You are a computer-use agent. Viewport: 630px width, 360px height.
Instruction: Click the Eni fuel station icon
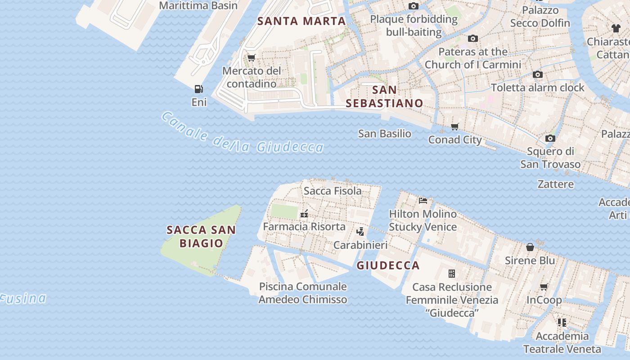point(198,89)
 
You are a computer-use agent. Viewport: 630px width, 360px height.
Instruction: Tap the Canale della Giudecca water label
point(242,135)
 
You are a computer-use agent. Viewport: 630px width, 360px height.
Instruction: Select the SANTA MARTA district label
point(301,21)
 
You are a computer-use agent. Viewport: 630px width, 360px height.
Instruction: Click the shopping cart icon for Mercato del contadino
point(251,58)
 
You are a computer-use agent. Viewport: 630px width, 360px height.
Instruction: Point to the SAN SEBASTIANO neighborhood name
point(384,96)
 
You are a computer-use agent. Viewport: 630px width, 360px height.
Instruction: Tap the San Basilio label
point(384,134)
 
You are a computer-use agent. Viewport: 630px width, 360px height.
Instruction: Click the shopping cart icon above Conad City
point(454,127)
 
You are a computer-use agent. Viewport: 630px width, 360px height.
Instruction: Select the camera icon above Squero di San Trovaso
point(550,138)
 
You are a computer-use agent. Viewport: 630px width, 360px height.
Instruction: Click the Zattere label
point(555,184)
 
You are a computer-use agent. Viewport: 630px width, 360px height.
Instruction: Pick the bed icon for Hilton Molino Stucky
point(423,200)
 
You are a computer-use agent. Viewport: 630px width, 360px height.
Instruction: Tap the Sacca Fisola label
point(333,191)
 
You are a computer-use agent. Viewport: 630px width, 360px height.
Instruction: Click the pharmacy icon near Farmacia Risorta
point(304,214)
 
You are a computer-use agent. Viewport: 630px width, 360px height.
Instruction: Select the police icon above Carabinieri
point(360,232)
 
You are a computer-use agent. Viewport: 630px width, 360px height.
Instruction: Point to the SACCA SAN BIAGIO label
point(201,237)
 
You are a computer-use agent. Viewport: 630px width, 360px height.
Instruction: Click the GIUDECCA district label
point(388,265)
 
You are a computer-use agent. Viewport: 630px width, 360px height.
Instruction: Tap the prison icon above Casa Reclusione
point(452,274)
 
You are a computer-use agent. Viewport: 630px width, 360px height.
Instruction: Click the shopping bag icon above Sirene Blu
point(530,247)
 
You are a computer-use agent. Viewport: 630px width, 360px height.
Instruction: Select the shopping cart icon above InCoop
point(544,287)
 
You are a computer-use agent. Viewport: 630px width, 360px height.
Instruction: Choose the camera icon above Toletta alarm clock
point(537,74)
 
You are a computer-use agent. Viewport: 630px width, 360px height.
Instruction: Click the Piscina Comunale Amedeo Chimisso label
point(303,293)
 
